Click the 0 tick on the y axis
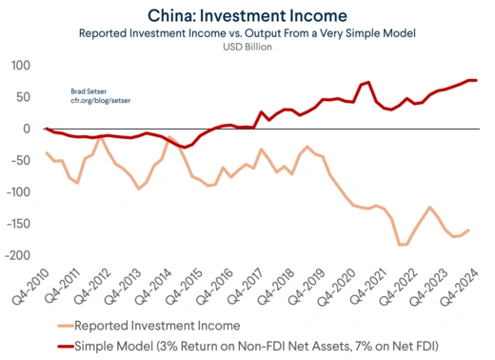(x=30, y=129)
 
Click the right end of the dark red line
(x=476, y=80)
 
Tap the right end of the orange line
(x=468, y=230)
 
